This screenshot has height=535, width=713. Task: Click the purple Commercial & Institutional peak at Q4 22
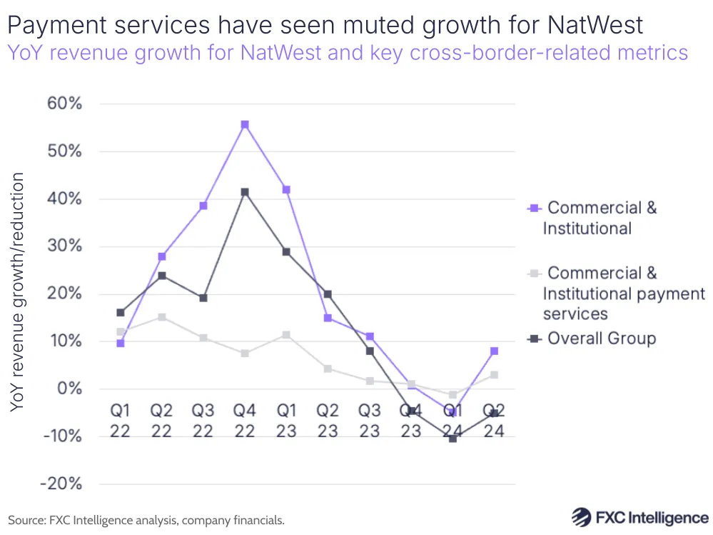(x=245, y=124)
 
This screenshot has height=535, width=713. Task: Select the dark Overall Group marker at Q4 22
(x=245, y=191)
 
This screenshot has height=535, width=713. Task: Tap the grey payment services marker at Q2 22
(x=162, y=317)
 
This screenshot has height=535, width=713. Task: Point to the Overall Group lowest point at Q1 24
(x=452, y=438)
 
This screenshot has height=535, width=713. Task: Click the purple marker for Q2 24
(x=494, y=351)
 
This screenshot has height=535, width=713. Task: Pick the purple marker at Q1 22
(x=121, y=343)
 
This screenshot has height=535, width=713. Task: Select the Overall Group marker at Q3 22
(x=203, y=298)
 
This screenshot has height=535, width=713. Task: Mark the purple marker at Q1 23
(x=286, y=189)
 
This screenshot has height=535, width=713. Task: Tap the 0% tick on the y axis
(x=70, y=389)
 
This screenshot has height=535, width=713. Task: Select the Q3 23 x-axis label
(x=369, y=421)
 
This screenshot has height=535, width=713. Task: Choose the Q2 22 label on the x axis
(x=162, y=421)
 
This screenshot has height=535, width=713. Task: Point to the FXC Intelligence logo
(x=640, y=517)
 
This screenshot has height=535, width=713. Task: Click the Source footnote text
(x=146, y=520)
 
